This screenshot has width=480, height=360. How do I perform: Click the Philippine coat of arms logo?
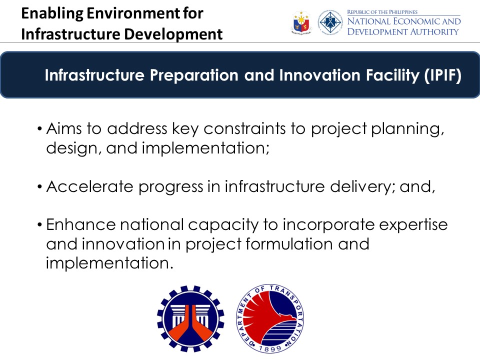click(x=301, y=22)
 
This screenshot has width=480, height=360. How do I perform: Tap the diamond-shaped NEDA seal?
click(x=330, y=22)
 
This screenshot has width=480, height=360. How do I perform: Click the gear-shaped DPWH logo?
click(x=190, y=318)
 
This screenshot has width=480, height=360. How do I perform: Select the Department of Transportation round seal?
click(x=270, y=318)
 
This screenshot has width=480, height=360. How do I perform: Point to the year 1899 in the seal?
click(x=270, y=348)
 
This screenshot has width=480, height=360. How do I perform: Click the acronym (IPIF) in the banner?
click(x=442, y=75)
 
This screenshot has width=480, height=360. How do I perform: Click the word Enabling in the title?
click(x=52, y=13)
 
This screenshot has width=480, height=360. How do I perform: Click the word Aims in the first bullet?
click(x=64, y=128)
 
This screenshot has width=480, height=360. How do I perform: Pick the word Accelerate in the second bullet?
click(x=89, y=186)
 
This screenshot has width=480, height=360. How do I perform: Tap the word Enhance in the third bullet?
click(x=81, y=224)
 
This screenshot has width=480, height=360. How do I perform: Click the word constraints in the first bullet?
click(x=244, y=128)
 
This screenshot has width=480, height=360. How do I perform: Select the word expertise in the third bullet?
click(x=413, y=225)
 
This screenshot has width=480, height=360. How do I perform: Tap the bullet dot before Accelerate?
click(x=39, y=186)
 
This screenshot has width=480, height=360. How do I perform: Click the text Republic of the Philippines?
click(x=382, y=12)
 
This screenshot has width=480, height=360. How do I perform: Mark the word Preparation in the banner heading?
click(x=194, y=75)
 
